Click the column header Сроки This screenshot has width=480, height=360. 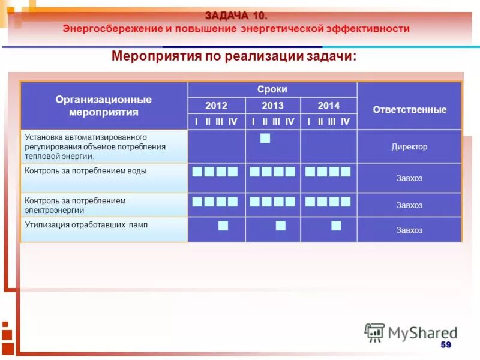click(x=272, y=89)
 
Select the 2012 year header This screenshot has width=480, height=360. click(x=216, y=106)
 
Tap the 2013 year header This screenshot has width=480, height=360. click(x=272, y=106)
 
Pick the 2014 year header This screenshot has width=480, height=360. click(x=328, y=106)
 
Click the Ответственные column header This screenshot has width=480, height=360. click(x=409, y=110)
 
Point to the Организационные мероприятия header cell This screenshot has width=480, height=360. click(x=104, y=106)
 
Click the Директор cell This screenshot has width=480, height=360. click(x=409, y=146)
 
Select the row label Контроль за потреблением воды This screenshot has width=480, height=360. click(x=86, y=171)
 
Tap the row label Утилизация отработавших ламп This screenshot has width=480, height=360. click(x=86, y=225)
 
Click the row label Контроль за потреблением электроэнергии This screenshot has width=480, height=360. click(x=76, y=205)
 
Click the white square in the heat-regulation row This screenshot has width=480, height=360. click(x=265, y=139)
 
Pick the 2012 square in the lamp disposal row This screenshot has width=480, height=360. click(x=223, y=226)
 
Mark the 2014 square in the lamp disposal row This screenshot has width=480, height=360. click(x=336, y=226)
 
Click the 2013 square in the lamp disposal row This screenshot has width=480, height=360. click(x=280, y=226)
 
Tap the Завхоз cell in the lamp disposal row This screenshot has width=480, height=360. click(x=409, y=230)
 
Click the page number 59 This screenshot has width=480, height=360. click(x=445, y=344)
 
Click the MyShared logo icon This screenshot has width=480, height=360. click(x=374, y=332)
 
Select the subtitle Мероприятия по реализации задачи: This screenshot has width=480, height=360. click(x=234, y=56)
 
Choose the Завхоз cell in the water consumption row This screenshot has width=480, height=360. click(x=409, y=178)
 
